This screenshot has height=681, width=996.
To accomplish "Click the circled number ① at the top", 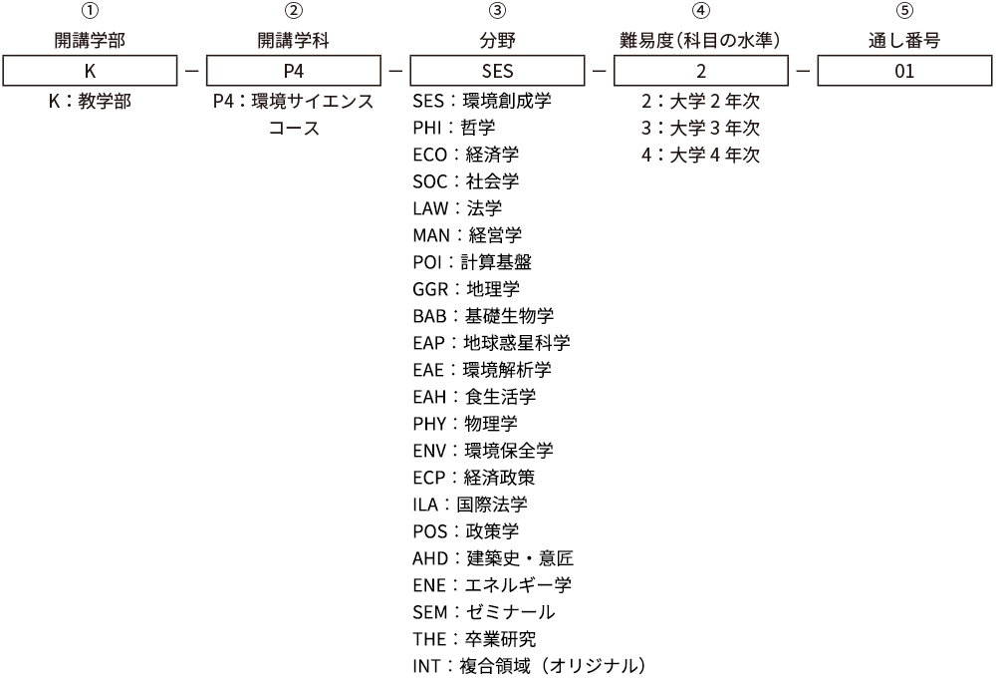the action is [x=91, y=11].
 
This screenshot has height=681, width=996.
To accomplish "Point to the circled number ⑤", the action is [x=904, y=11].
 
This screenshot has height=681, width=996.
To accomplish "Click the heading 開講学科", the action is [x=294, y=41].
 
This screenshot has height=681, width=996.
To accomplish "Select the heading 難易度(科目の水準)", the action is [x=700, y=41].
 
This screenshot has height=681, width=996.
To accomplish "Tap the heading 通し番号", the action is [x=904, y=41].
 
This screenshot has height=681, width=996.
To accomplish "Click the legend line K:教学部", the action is [x=91, y=101].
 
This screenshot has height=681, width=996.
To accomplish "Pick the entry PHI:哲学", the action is [x=453, y=128].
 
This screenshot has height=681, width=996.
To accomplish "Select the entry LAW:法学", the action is [x=457, y=208].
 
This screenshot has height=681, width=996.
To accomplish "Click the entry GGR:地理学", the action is [x=466, y=289].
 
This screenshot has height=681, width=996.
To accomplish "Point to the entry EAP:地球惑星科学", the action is [x=492, y=343].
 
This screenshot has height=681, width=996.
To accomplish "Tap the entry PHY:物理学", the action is [x=465, y=424].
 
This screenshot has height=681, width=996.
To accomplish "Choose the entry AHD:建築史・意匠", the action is [x=493, y=558].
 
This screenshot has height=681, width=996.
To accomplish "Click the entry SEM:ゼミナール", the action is [x=484, y=611].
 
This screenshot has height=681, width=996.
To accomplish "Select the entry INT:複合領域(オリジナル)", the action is [x=530, y=666].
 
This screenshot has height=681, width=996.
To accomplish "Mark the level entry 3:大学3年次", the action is [x=700, y=128].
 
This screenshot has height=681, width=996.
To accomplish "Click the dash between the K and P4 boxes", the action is [x=192, y=71].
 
